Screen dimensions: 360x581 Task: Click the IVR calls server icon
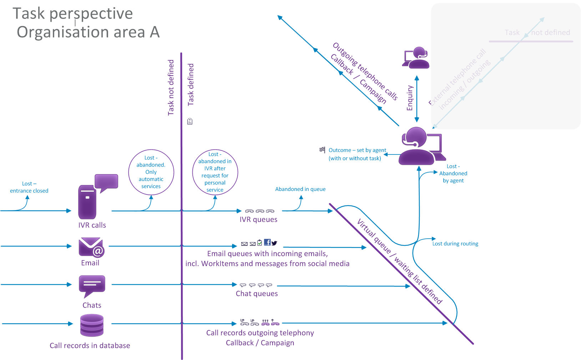[87, 202]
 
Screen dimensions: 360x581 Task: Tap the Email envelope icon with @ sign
[91, 247]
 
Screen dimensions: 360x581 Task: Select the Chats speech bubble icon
[92, 286]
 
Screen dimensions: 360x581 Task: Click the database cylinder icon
[92, 325]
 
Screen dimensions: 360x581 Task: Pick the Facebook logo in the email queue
[267, 242]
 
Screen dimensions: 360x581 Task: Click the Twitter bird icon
[274, 243]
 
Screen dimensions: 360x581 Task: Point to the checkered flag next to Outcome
[322, 150]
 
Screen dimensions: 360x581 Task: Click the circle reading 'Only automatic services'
[151, 172]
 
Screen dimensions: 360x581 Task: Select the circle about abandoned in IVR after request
[215, 172]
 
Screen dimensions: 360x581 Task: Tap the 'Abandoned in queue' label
[300, 189]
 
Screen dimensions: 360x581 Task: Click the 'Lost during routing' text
[455, 244]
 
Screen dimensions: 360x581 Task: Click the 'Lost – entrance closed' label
[29, 187]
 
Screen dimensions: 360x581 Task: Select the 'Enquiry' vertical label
[410, 98]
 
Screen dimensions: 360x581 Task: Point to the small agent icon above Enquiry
[416, 57]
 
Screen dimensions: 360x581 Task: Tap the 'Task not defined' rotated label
[171, 87]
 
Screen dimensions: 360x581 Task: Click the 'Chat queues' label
[257, 294]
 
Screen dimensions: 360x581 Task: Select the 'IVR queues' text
[258, 219]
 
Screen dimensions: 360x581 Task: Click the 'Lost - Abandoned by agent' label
[453, 173]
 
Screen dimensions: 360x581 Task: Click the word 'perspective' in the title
[91, 14]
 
